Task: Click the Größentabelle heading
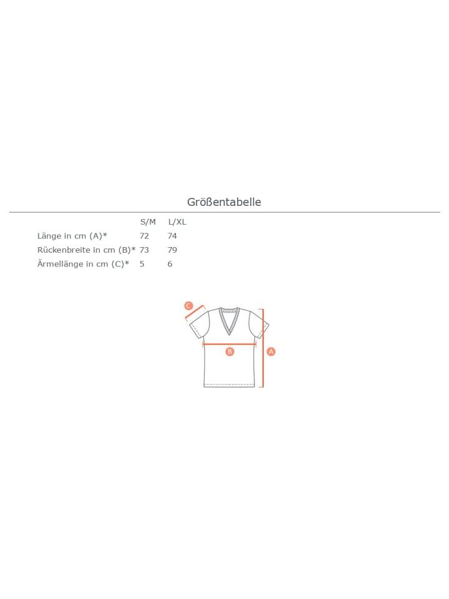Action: (224, 202)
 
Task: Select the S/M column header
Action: (148, 222)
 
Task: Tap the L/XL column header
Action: (177, 222)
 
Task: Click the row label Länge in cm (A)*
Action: (72, 236)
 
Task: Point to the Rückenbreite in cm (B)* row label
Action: (86, 250)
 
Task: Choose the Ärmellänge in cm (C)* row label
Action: (83, 264)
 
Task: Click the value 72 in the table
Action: (144, 236)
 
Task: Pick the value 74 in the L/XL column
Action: (172, 236)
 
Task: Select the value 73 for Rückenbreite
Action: (144, 250)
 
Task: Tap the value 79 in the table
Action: (172, 250)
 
